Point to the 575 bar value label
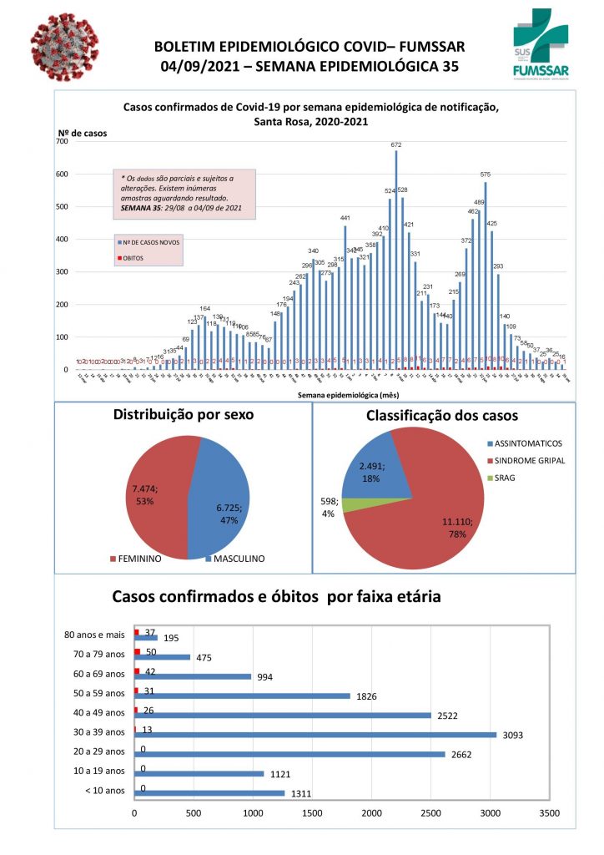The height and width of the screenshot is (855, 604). pos(485,174)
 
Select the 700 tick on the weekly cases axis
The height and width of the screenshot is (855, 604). pos(63,142)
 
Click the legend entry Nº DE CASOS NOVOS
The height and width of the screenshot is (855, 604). pos(151,241)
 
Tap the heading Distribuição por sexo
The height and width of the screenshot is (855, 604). pos(182,415)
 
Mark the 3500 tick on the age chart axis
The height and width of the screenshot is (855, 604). pos(549,812)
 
